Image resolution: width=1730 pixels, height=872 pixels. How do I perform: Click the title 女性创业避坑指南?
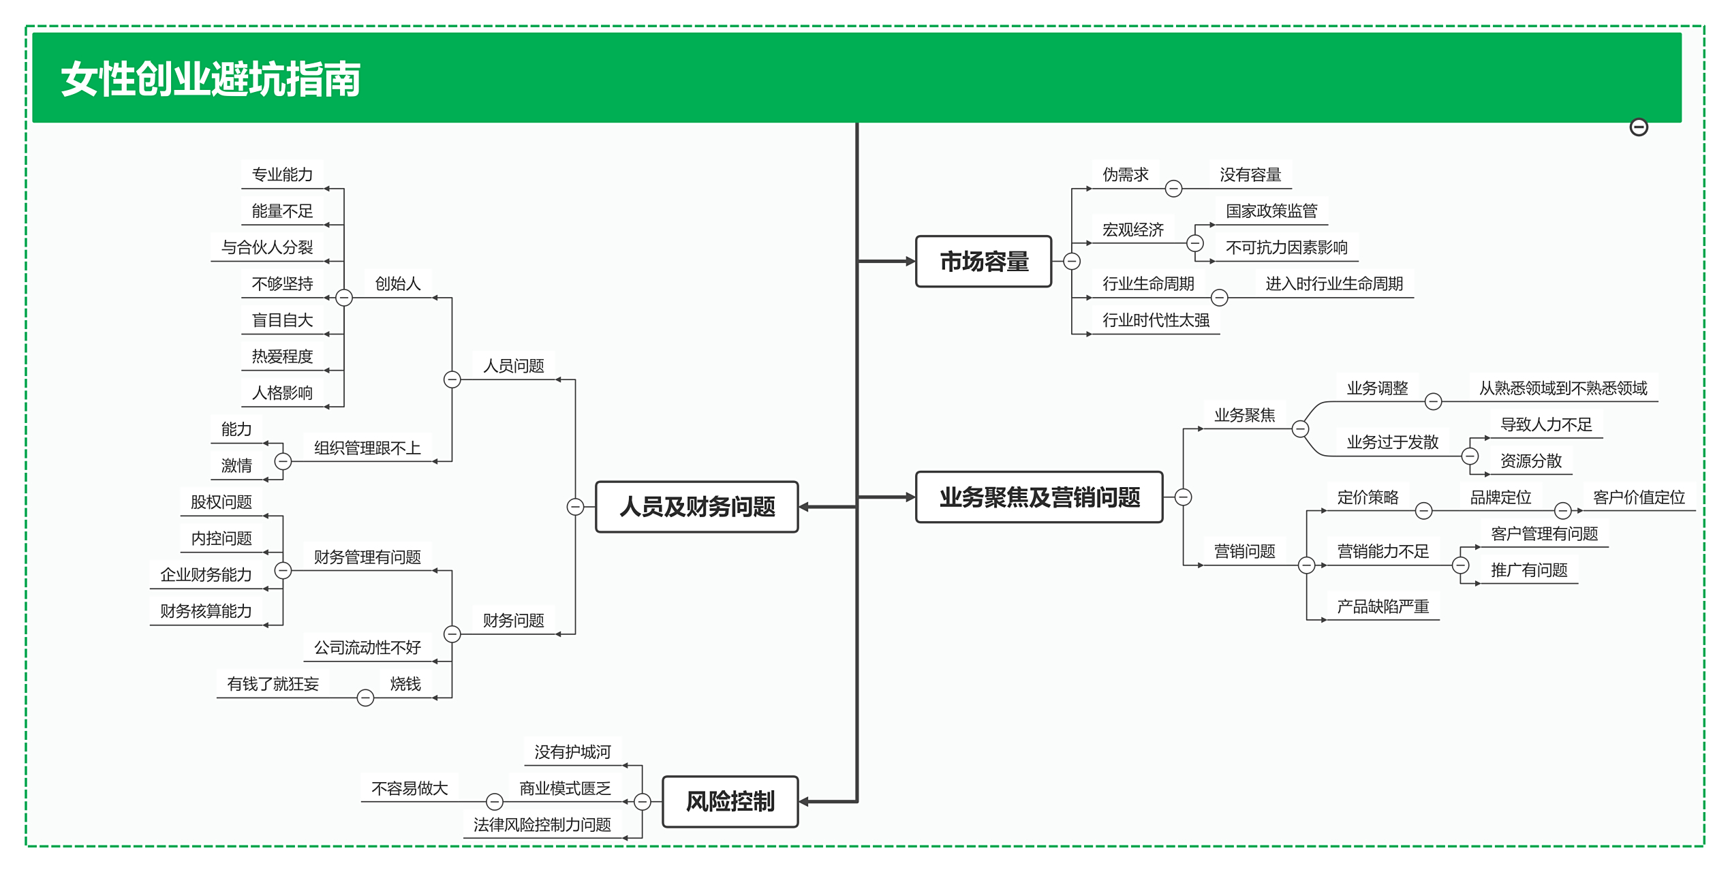click(211, 79)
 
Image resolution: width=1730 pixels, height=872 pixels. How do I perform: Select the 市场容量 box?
click(983, 262)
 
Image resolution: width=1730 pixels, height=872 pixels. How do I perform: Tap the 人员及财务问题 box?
click(696, 507)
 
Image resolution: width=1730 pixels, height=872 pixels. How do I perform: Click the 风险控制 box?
click(730, 802)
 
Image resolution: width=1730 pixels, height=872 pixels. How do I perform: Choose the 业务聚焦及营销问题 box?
click(1039, 497)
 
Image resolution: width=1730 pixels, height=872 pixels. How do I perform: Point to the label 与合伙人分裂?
click(267, 247)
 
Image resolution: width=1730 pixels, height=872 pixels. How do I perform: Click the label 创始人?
click(398, 284)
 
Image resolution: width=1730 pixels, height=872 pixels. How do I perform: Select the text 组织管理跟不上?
click(367, 448)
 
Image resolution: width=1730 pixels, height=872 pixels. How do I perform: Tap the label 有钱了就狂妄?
click(273, 684)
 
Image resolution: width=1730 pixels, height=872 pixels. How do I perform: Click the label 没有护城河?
click(572, 752)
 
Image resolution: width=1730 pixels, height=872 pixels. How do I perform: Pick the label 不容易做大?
click(410, 789)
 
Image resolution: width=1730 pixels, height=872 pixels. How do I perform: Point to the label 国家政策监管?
click(1271, 211)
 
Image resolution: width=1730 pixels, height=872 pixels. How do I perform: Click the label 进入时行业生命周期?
click(1334, 284)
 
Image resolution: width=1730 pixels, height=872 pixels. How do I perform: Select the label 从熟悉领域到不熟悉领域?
click(1562, 388)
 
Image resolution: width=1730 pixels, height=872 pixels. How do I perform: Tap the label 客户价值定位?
click(1639, 497)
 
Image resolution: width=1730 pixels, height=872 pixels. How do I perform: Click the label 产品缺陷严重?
click(1383, 606)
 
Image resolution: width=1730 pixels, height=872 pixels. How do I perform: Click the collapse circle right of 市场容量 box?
click(1072, 262)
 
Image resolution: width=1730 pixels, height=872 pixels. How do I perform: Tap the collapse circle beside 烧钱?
click(365, 698)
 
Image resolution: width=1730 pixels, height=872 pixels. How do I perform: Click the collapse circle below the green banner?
click(1639, 127)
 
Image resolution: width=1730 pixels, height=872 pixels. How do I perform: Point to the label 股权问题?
click(221, 502)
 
